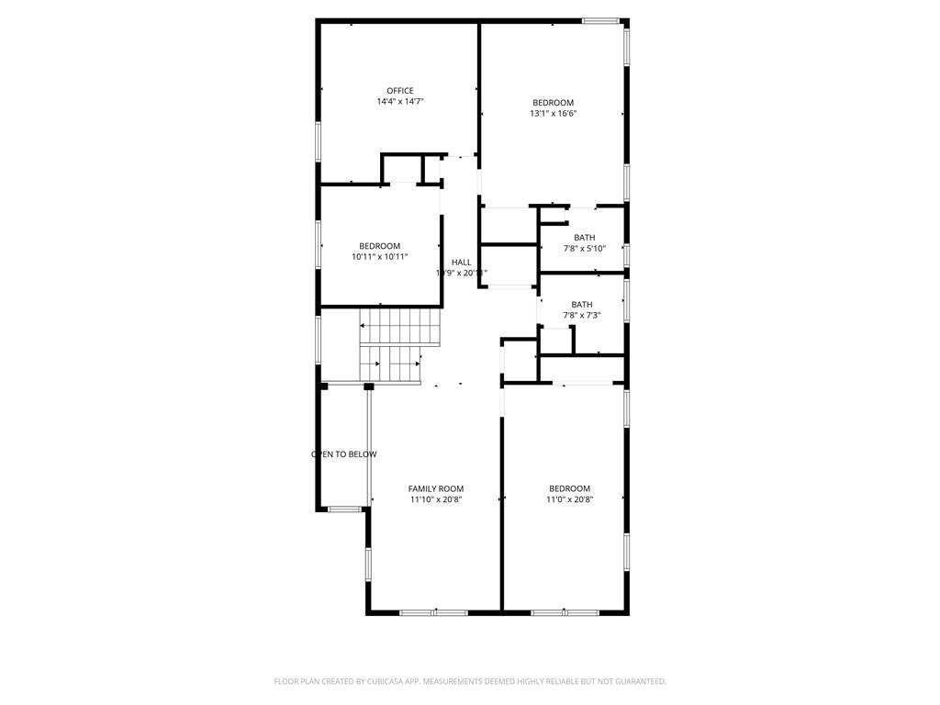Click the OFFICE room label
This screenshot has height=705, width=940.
(399, 91)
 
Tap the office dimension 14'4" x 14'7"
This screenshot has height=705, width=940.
(399, 102)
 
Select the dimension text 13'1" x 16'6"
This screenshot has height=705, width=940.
(553, 114)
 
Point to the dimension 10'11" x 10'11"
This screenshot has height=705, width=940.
(379, 257)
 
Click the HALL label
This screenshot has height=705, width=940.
(461, 263)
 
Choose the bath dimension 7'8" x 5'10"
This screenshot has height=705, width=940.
(584, 249)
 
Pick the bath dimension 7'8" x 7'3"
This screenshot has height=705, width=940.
(581, 316)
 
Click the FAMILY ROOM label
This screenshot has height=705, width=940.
(436, 488)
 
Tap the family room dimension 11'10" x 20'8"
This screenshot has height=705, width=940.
(436, 500)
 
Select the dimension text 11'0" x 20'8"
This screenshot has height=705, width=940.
(569, 500)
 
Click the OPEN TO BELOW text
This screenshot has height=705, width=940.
(344, 454)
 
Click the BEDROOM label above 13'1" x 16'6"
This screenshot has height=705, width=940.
(553, 103)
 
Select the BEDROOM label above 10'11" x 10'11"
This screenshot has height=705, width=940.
(379, 246)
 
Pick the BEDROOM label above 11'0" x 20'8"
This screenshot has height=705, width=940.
(569, 488)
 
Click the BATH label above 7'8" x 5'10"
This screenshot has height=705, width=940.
(584, 238)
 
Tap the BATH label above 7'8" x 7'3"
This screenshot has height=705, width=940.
(581, 305)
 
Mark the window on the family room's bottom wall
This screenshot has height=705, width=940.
(434, 611)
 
